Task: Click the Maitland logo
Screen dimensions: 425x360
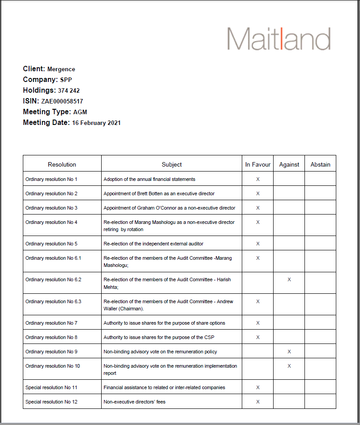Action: [279, 39]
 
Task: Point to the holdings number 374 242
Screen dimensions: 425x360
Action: [69, 91]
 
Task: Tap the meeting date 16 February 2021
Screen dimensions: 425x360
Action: [96, 123]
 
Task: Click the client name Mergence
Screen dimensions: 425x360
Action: [61, 69]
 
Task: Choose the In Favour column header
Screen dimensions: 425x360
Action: [257, 164]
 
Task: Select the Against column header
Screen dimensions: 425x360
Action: [289, 164]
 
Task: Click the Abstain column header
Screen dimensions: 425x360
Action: [320, 164]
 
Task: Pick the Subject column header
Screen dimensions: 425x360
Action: [171, 164]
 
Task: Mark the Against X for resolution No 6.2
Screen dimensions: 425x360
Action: [289, 279]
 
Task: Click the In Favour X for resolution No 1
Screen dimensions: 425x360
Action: [257, 179]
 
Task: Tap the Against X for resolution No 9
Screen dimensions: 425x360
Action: [289, 352]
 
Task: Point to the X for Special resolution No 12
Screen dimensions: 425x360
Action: [257, 402]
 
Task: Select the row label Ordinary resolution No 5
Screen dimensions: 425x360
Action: [51, 244]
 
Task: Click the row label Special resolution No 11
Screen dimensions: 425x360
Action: [51, 387]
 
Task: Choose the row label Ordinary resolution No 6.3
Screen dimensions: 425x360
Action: [53, 301]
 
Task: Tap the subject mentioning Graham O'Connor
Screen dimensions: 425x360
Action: [169, 208]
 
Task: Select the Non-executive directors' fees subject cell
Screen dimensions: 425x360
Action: [134, 402]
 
